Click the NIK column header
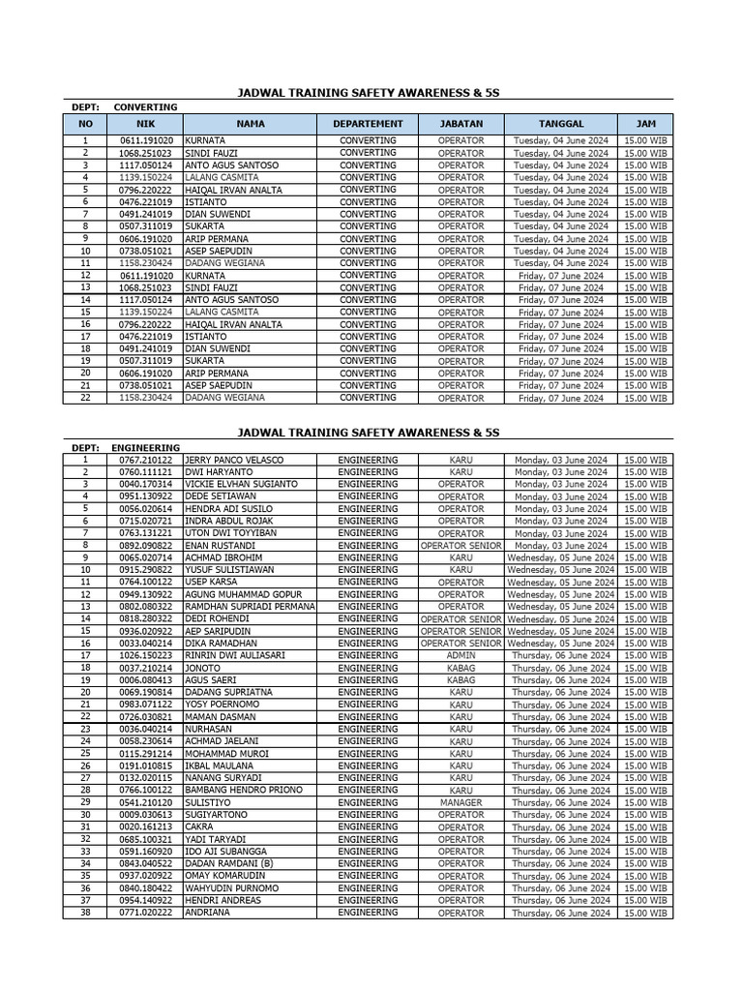click(x=145, y=124)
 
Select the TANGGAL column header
click(x=561, y=124)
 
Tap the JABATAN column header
click(x=461, y=124)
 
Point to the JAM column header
click(x=644, y=124)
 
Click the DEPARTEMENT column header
click(x=368, y=124)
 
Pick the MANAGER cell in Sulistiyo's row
click(x=461, y=802)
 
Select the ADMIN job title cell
click(x=461, y=655)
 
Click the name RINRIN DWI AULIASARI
click(x=235, y=655)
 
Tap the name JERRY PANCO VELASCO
click(x=234, y=460)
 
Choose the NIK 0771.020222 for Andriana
click(x=145, y=913)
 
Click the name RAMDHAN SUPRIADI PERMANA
click(x=250, y=607)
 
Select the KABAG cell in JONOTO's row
click(x=461, y=668)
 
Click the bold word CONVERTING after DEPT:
click(x=145, y=106)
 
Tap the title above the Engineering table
click(x=369, y=432)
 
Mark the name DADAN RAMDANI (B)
click(x=229, y=863)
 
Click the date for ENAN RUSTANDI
click(x=561, y=546)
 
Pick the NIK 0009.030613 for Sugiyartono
click(x=145, y=815)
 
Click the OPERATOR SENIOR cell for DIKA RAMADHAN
click(x=461, y=644)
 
